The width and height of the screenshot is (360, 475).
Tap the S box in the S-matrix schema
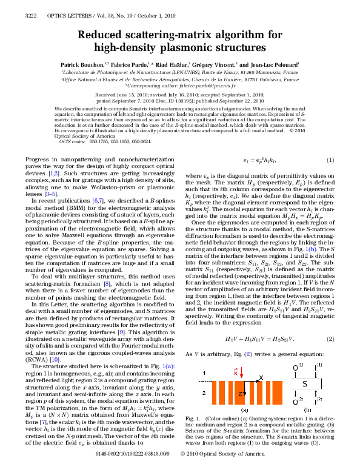coord(305,384)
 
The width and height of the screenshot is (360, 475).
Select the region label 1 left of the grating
coord(204,372)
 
